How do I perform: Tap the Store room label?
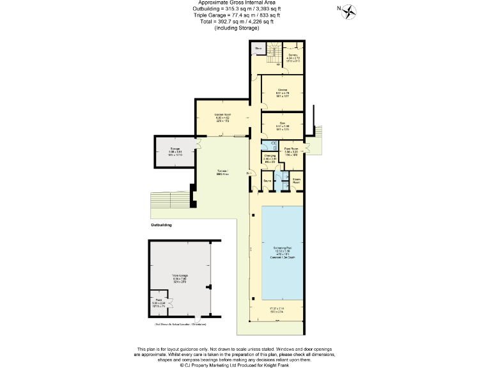[259, 49]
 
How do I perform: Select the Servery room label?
[293, 56]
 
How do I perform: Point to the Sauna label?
[267, 181]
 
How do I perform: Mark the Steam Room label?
[297, 181]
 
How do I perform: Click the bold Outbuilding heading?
[161, 226]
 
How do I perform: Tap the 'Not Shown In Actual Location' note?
[181, 325]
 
